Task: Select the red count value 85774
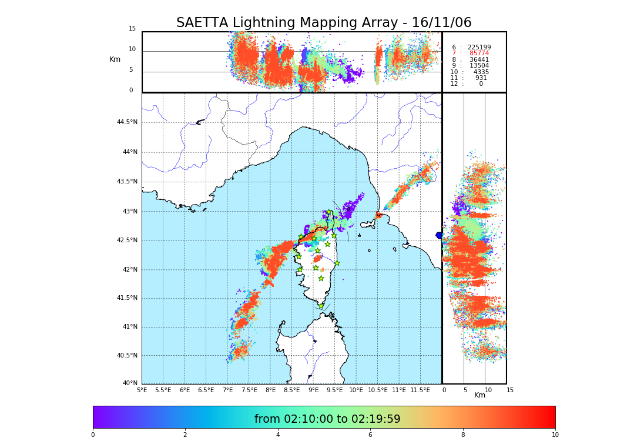pos(479,54)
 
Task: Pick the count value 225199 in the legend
pos(479,48)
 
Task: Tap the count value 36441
pos(479,60)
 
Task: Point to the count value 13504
pos(479,66)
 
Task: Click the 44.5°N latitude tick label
pos(127,122)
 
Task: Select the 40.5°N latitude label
pos(127,356)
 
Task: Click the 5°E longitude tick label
pos(142,390)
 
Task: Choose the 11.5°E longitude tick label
pos(420,390)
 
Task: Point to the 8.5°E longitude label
pos(291,390)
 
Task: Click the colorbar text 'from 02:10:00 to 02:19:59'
pos(327,419)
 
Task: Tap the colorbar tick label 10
pos(555,435)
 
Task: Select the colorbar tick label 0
pos(93,435)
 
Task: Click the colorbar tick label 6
pos(370,435)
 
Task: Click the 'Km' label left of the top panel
pos(115,59)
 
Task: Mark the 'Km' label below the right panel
pos(480,395)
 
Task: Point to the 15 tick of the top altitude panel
pos(132,29)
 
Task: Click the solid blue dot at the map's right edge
pos(439,235)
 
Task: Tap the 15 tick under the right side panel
pos(509,390)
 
